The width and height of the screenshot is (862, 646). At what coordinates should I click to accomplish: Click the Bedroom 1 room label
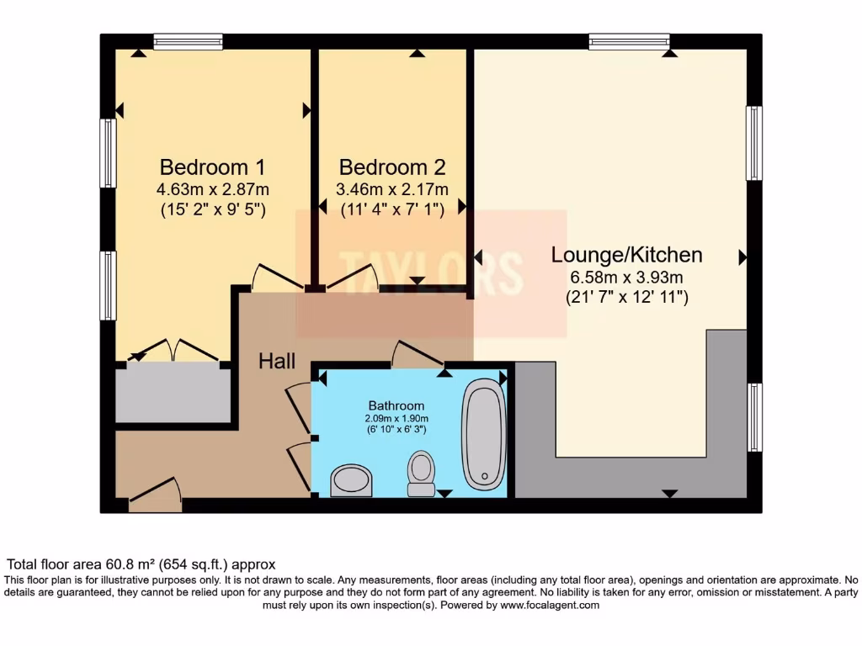(213, 166)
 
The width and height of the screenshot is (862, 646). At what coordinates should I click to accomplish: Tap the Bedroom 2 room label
(392, 166)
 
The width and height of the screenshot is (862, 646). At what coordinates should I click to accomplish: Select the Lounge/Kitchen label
(626, 254)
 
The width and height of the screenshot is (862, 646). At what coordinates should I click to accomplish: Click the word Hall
(277, 362)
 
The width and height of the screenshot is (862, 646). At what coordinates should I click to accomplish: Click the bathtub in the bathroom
(483, 434)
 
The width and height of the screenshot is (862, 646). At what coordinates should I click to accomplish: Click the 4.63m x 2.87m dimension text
(213, 189)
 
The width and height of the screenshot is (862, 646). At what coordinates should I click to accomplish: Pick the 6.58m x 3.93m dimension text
(626, 277)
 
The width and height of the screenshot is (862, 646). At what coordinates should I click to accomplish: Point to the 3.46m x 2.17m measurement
(392, 189)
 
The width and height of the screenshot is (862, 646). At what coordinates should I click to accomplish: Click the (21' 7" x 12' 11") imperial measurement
(626, 297)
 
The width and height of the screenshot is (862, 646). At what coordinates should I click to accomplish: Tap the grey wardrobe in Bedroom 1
(173, 394)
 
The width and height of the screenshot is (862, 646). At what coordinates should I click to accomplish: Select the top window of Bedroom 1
(188, 41)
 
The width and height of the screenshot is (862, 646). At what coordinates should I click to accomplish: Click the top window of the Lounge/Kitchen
(629, 41)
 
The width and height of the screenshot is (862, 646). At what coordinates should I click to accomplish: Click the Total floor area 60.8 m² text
(141, 564)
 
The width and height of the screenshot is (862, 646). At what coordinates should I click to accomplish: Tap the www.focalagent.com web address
(550, 605)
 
